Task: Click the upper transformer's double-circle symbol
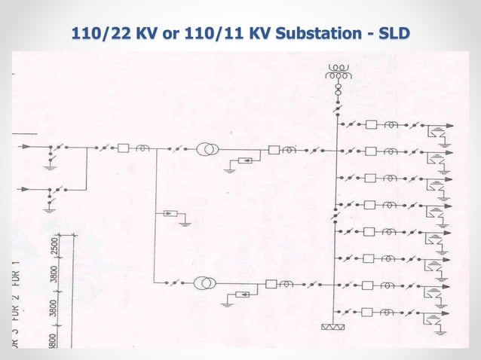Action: coord(207,149)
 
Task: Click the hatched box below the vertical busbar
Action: coord(332,327)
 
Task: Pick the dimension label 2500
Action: coord(54,247)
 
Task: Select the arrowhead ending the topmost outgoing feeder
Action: coord(450,125)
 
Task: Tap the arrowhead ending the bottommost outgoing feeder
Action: coord(450,311)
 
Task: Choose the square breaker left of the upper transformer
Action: coord(123,149)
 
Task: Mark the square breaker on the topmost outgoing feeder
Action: coord(372,124)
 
